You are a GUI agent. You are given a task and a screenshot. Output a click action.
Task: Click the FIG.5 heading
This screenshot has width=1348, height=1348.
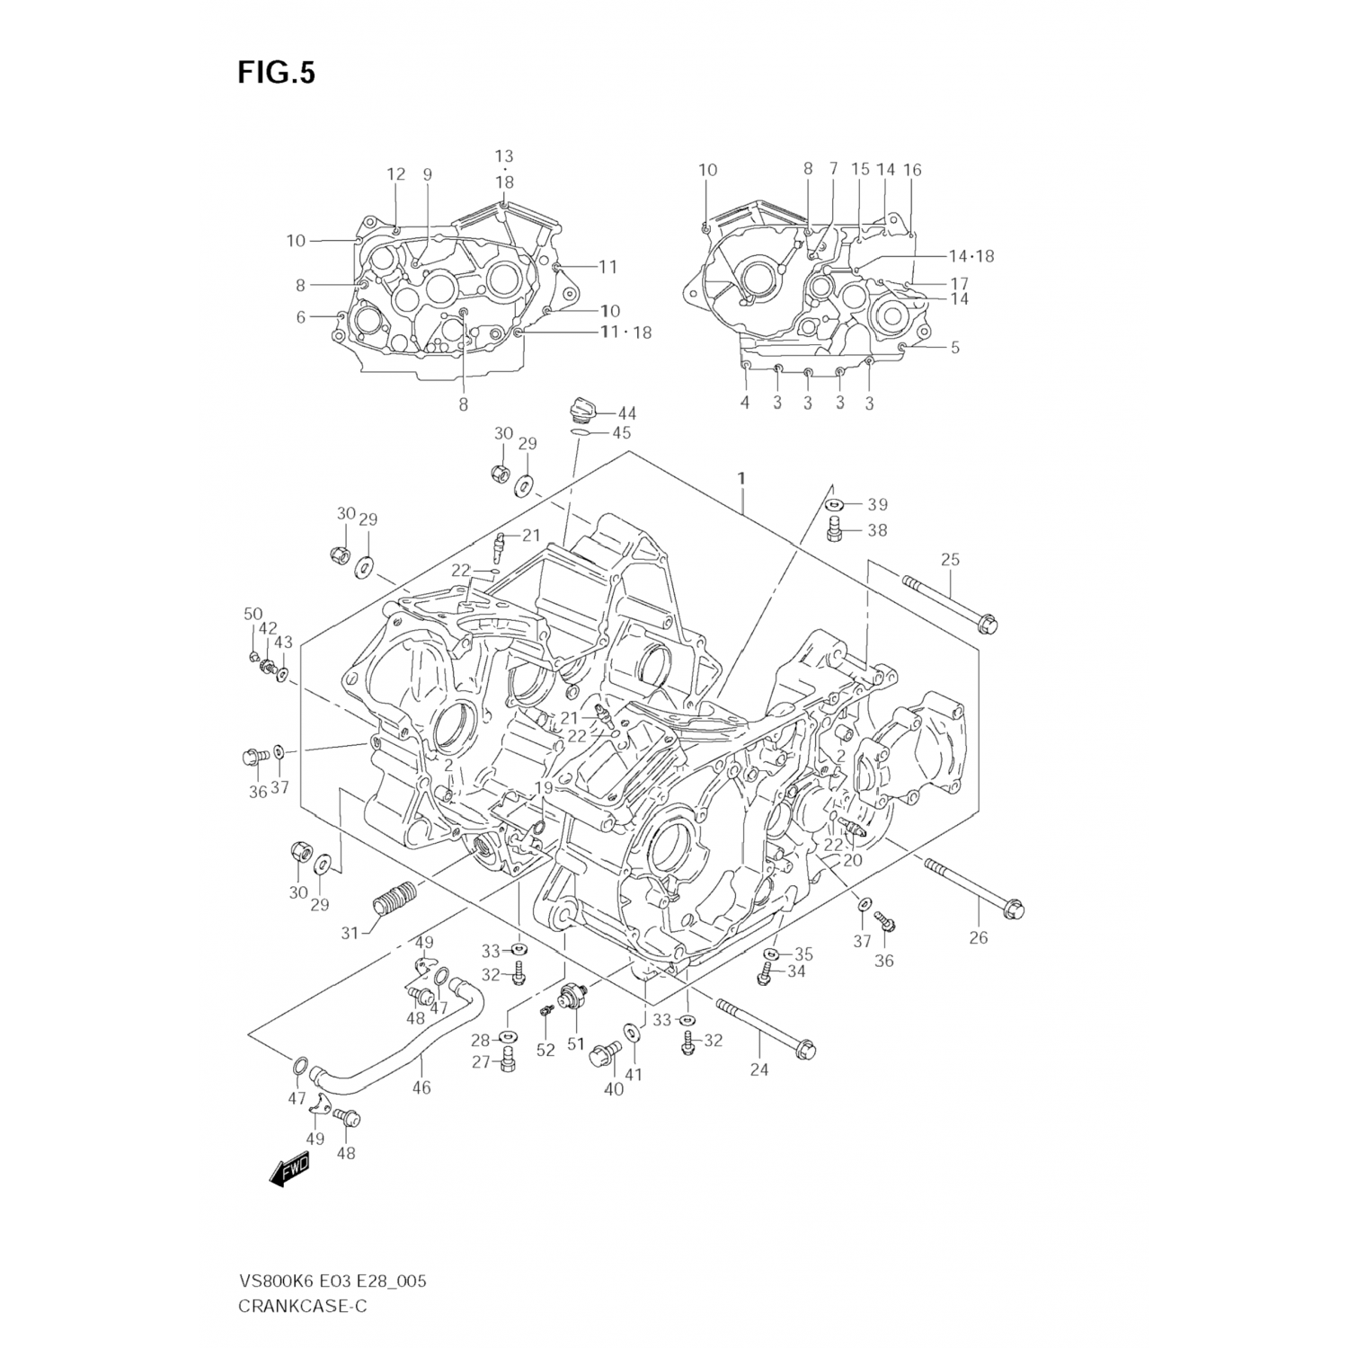[x=276, y=73]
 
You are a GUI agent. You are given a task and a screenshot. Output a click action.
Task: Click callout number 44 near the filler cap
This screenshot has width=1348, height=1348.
[x=626, y=413]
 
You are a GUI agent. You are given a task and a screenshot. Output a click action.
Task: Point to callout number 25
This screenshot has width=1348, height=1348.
[x=950, y=559]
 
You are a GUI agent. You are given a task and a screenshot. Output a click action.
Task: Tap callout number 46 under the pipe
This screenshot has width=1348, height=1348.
[x=421, y=1087]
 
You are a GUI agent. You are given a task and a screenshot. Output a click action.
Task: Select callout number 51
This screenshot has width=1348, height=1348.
[x=575, y=1044]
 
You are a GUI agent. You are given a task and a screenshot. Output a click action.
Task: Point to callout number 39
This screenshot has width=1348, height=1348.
[x=877, y=504]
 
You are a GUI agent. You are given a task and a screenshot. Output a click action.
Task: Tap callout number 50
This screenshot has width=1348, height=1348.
[x=253, y=614]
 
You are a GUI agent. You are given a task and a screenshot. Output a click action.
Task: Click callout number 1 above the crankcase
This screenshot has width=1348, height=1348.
[x=741, y=479]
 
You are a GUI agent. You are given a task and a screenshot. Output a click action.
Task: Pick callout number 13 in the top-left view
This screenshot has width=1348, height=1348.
[x=504, y=156]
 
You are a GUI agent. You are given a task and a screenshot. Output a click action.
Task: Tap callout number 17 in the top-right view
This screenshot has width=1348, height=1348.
[x=960, y=283]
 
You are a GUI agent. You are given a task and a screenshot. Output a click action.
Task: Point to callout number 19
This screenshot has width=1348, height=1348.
[x=543, y=788]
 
